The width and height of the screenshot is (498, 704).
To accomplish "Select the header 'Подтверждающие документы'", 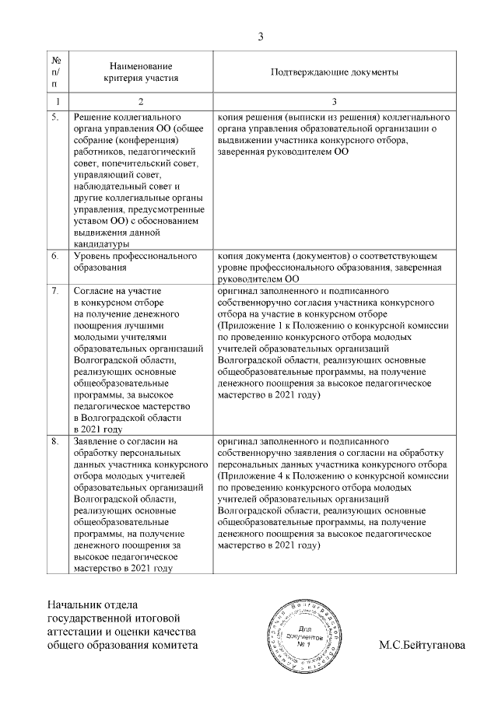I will click(x=335, y=72).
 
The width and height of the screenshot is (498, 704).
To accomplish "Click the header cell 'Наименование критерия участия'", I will click(x=141, y=72).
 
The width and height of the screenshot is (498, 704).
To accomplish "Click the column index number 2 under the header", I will click(x=141, y=102).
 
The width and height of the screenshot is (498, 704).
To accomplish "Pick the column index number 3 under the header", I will click(x=335, y=102).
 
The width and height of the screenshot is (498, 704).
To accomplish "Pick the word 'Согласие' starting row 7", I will click(x=92, y=290).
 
